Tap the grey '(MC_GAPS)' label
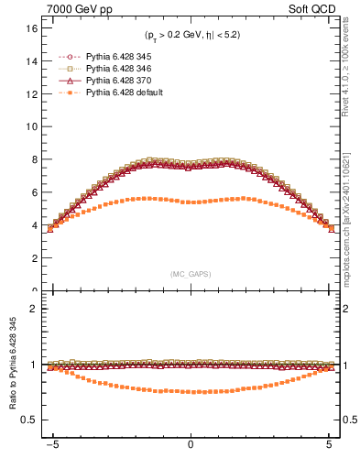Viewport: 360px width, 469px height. [x=191, y=274]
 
